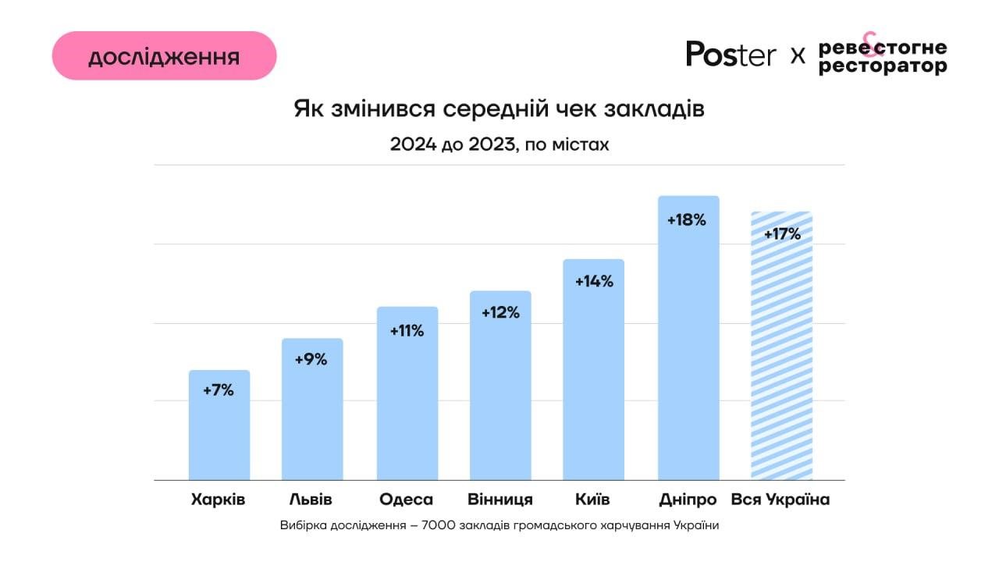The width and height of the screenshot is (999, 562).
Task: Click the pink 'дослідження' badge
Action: click(x=164, y=56)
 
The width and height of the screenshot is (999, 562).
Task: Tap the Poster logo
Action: click(x=731, y=54)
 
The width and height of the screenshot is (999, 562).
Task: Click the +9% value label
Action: click(x=311, y=359)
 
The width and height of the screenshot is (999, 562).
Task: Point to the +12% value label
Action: click(x=499, y=312)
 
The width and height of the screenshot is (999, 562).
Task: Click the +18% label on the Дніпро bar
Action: click(x=687, y=220)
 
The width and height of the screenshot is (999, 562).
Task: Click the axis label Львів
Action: click(x=311, y=500)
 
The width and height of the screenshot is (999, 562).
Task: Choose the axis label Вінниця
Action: click(x=500, y=500)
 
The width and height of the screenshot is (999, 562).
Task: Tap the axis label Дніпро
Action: click(x=688, y=500)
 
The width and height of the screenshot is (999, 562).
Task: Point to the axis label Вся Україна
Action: click(x=780, y=500)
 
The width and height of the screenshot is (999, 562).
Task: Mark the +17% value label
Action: click(x=782, y=233)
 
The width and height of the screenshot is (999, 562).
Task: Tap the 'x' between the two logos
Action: click(x=798, y=55)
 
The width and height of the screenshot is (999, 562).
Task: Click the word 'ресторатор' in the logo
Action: click(x=883, y=67)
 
